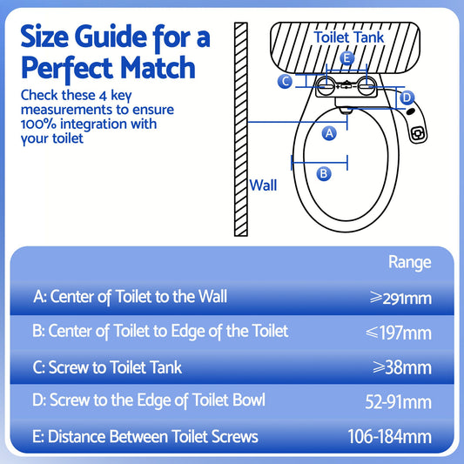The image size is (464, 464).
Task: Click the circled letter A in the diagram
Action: (x=329, y=132)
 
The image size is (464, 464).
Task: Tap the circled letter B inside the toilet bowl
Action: (x=324, y=173)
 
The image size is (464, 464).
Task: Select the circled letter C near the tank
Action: (x=285, y=82)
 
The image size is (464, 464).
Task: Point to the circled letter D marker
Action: (x=407, y=98)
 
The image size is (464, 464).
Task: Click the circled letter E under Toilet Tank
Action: (x=346, y=59)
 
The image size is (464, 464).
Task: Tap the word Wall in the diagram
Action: (x=263, y=185)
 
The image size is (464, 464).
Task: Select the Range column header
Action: (x=408, y=261)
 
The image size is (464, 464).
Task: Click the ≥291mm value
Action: (x=400, y=298)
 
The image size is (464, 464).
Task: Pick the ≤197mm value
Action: (x=400, y=332)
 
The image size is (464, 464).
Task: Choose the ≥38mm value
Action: (x=404, y=366)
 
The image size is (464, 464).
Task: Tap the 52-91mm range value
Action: (x=399, y=401)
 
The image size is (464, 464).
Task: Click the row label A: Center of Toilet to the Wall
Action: (x=130, y=297)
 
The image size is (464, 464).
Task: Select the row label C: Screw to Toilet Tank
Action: (x=107, y=366)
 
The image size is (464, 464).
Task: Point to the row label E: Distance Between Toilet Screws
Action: (x=145, y=436)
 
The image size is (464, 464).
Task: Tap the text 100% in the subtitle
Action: (x=39, y=124)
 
